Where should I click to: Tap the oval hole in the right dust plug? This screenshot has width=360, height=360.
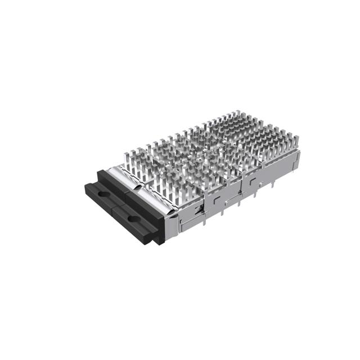click(x=132, y=218)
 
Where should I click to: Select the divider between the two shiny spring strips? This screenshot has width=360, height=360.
click(x=137, y=186)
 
